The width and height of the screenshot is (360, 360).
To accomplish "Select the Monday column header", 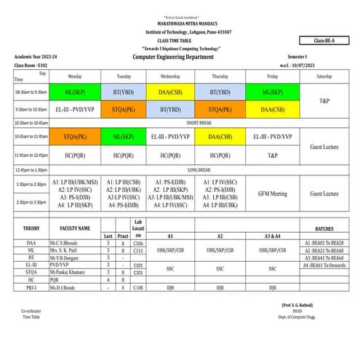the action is pyautogui.click(x=75, y=76).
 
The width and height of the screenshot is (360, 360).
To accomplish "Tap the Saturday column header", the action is pyautogui.click(x=324, y=76).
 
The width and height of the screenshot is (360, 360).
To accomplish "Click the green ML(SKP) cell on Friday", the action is pyautogui.click(x=272, y=92).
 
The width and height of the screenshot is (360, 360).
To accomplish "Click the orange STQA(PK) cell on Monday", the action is pyautogui.click(x=75, y=136).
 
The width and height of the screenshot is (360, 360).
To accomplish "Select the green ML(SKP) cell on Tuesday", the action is pyautogui.click(x=124, y=136).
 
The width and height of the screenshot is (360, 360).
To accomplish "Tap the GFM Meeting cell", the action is pyautogui.click(x=272, y=194).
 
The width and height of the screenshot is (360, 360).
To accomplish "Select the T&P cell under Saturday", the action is pyautogui.click(x=324, y=100).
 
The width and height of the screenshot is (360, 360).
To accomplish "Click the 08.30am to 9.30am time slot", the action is pyautogui.click(x=31, y=92).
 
